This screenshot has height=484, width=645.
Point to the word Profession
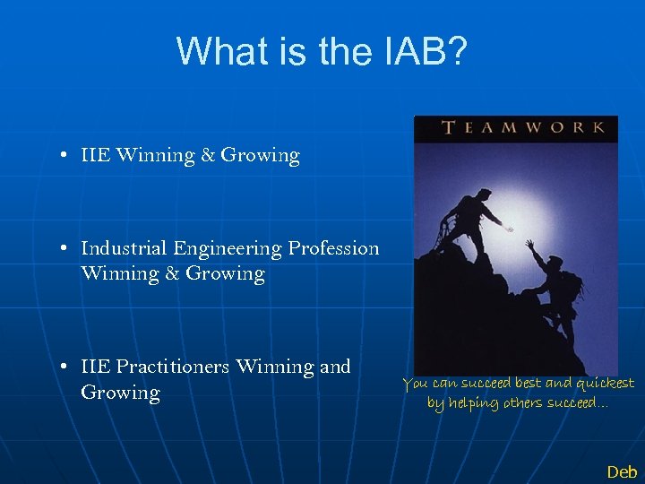click(x=332, y=248)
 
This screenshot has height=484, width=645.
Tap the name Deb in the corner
click(x=622, y=471)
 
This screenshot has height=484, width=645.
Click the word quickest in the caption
click(x=604, y=385)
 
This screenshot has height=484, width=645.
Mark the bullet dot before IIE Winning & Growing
click(x=66, y=156)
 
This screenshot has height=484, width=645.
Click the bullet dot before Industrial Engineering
click(x=66, y=249)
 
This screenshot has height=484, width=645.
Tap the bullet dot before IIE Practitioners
click(x=66, y=367)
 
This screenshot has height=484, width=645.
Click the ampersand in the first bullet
click(x=208, y=155)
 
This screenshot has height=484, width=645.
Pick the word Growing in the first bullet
click(x=260, y=156)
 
